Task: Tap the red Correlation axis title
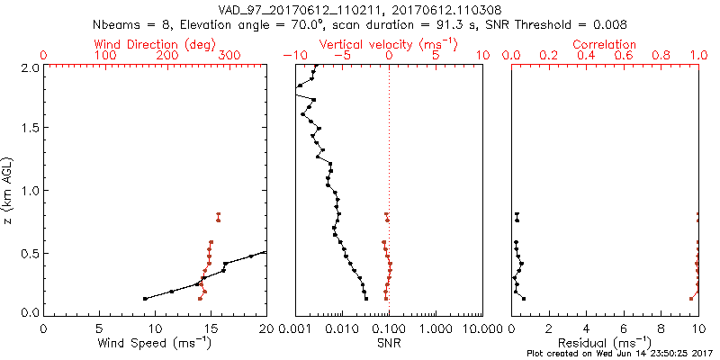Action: click(x=604, y=44)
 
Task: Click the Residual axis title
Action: click(x=605, y=343)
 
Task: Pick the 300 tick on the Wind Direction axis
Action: click(x=229, y=56)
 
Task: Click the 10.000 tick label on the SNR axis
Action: click(x=481, y=329)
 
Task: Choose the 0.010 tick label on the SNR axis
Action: click(x=341, y=329)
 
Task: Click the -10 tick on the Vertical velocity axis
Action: click(x=293, y=56)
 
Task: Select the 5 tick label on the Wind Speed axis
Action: click(x=99, y=329)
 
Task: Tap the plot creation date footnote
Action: click(x=621, y=353)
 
